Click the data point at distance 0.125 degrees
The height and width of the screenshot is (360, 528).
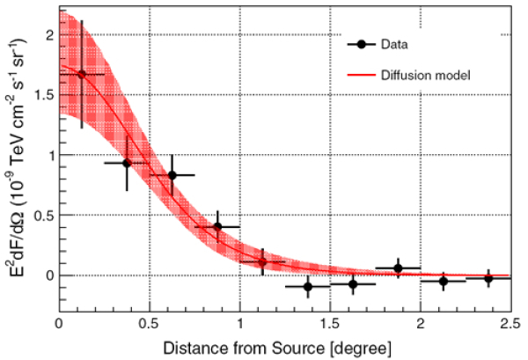pyautogui.click(x=82, y=75)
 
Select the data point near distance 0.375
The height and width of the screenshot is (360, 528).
pyautogui.click(x=127, y=163)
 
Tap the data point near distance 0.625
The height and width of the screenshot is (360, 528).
pyautogui.click(x=172, y=174)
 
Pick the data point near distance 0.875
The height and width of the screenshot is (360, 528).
pyautogui.click(x=217, y=227)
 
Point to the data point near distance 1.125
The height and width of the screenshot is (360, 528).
pyautogui.click(x=262, y=262)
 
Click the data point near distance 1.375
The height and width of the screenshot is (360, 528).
pyautogui.click(x=308, y=286)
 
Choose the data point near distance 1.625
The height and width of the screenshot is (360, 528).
pyautogui.click(x=353, y=284)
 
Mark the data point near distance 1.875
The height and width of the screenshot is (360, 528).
pyautogui.click(x=398, y=268)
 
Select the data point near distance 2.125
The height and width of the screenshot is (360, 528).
pyautogui.click(x=444, y=281)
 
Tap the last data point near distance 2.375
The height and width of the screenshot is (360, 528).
pyautogui.click(x=488, y=278)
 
